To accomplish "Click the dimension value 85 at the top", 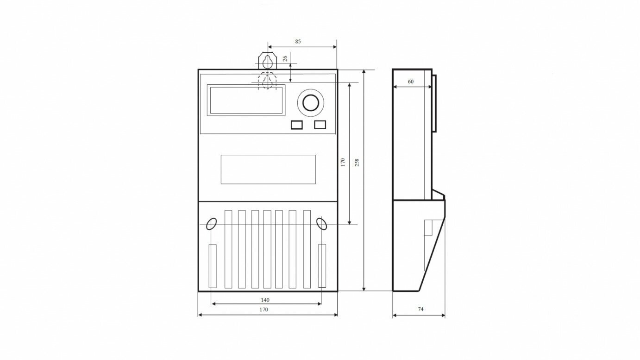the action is [298, 41].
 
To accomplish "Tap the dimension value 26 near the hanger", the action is [285, 58].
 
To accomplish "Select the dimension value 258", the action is [357, 163].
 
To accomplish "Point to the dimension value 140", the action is [265, 300].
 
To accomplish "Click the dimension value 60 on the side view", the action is [410, 82].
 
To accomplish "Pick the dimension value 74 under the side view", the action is [420, 309].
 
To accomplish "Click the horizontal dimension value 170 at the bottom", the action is [264, 309].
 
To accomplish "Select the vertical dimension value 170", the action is [343, 162].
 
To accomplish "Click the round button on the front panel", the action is [311, 102].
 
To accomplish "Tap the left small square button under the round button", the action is [296, 125].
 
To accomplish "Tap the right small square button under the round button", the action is [320, 125].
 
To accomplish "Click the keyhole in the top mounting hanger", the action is [268, 62].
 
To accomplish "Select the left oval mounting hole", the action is [212, 224].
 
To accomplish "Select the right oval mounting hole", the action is [321, 224].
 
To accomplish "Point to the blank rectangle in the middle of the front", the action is [268, 169].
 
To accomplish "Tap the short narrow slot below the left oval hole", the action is [213, 265].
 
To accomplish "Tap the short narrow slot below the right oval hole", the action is [322, 265].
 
